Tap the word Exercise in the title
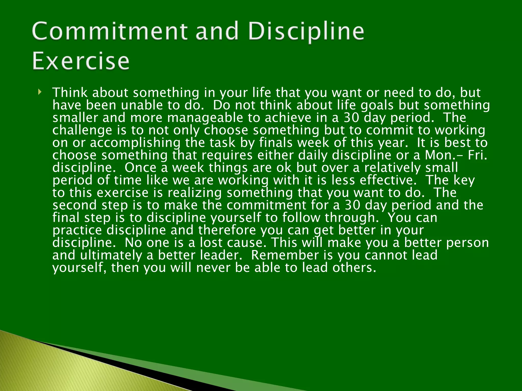[81, 61]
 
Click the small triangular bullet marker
[40, 92]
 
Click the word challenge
[82, 130]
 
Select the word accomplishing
[135, 143]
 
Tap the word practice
[77, 230]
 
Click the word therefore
[227, 230]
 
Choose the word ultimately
[111, 255]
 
